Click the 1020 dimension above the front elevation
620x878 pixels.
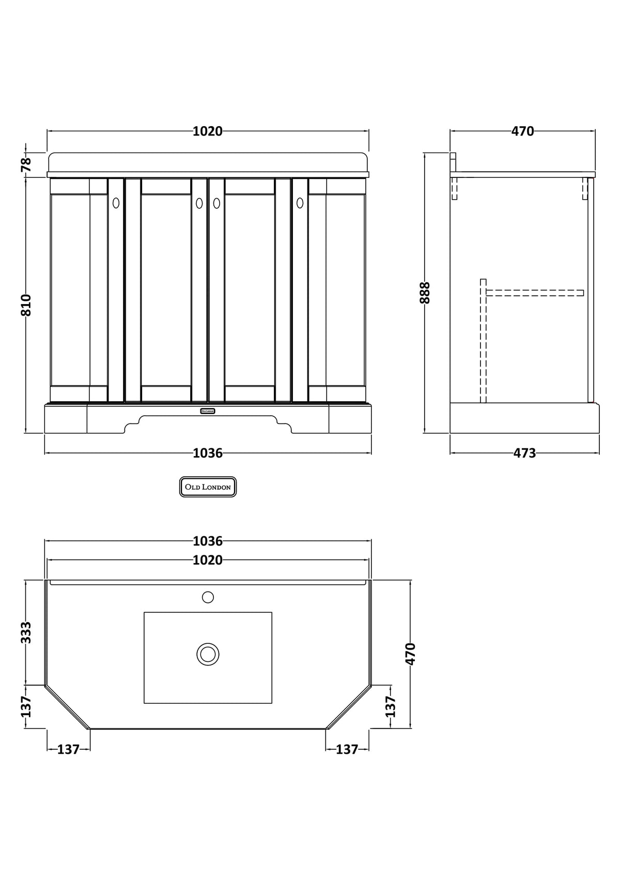(208, 131)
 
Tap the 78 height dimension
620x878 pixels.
(26, 165)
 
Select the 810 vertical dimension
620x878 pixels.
(26, 305)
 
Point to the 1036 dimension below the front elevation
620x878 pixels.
(208, 453)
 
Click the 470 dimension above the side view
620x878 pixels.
(522, 131)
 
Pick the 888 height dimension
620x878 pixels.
(425, 293)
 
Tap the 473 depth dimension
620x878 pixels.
(524, 453)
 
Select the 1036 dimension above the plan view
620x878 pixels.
(208, 541)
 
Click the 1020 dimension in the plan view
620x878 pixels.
(208, 560)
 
